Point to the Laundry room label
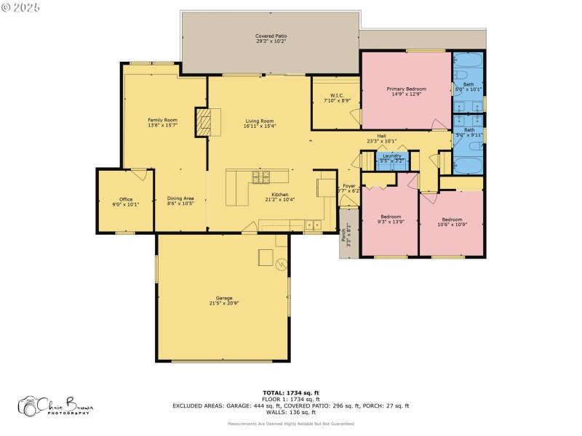(393, 156)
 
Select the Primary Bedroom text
(406, 89)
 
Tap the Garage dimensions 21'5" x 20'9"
(223, 302)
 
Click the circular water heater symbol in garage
(282, 265)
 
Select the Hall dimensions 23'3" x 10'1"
(381, 141)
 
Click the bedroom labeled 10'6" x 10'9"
(452, 223)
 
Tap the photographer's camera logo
(29, 406)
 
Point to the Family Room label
(162, 120)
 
